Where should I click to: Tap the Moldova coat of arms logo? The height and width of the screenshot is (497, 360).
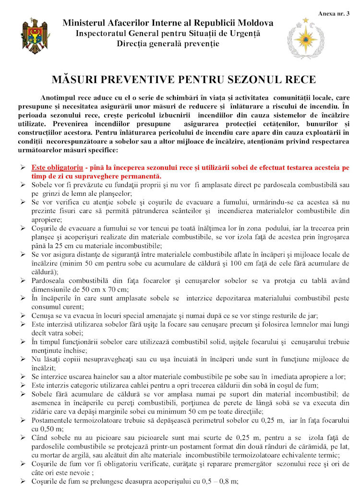point(35,36)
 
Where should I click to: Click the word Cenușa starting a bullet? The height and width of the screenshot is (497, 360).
point(43,315)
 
